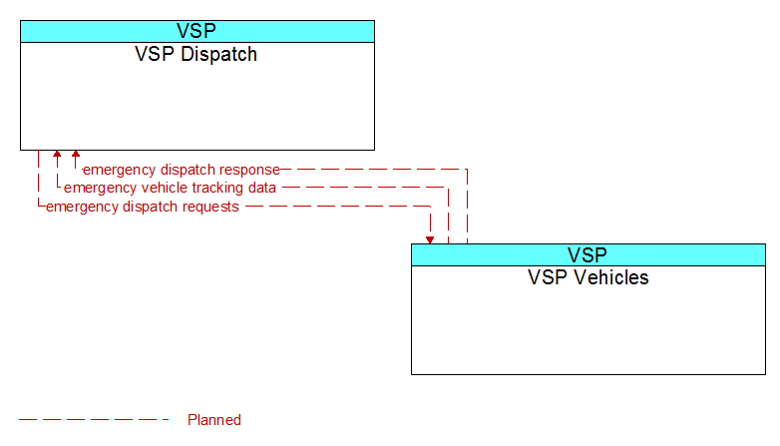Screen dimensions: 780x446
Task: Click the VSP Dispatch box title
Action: point(195,54)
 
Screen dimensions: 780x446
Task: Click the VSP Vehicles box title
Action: point(587,277)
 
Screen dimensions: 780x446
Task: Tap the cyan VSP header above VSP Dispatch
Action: point(197,31)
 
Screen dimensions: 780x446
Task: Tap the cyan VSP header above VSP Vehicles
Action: point(588,254)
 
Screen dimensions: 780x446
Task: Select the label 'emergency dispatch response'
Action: point(182,171)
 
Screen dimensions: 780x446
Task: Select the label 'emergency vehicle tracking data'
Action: point(171,189)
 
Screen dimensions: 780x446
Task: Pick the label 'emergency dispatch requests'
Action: point(143,208)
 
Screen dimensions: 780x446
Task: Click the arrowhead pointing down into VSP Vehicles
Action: point(430,240)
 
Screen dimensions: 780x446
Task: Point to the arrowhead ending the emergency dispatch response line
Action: point(76,154)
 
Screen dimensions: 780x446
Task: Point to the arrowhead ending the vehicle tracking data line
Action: point(57,154)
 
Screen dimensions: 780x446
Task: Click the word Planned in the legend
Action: point(214,420)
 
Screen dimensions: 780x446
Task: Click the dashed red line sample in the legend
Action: point(94,420)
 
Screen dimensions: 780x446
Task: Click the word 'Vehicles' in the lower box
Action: point(611,277)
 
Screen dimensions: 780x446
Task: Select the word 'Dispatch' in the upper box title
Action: point(218,54)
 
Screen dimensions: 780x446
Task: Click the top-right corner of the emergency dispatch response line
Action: point(467,170)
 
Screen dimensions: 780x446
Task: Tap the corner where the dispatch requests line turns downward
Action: point(430,207)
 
